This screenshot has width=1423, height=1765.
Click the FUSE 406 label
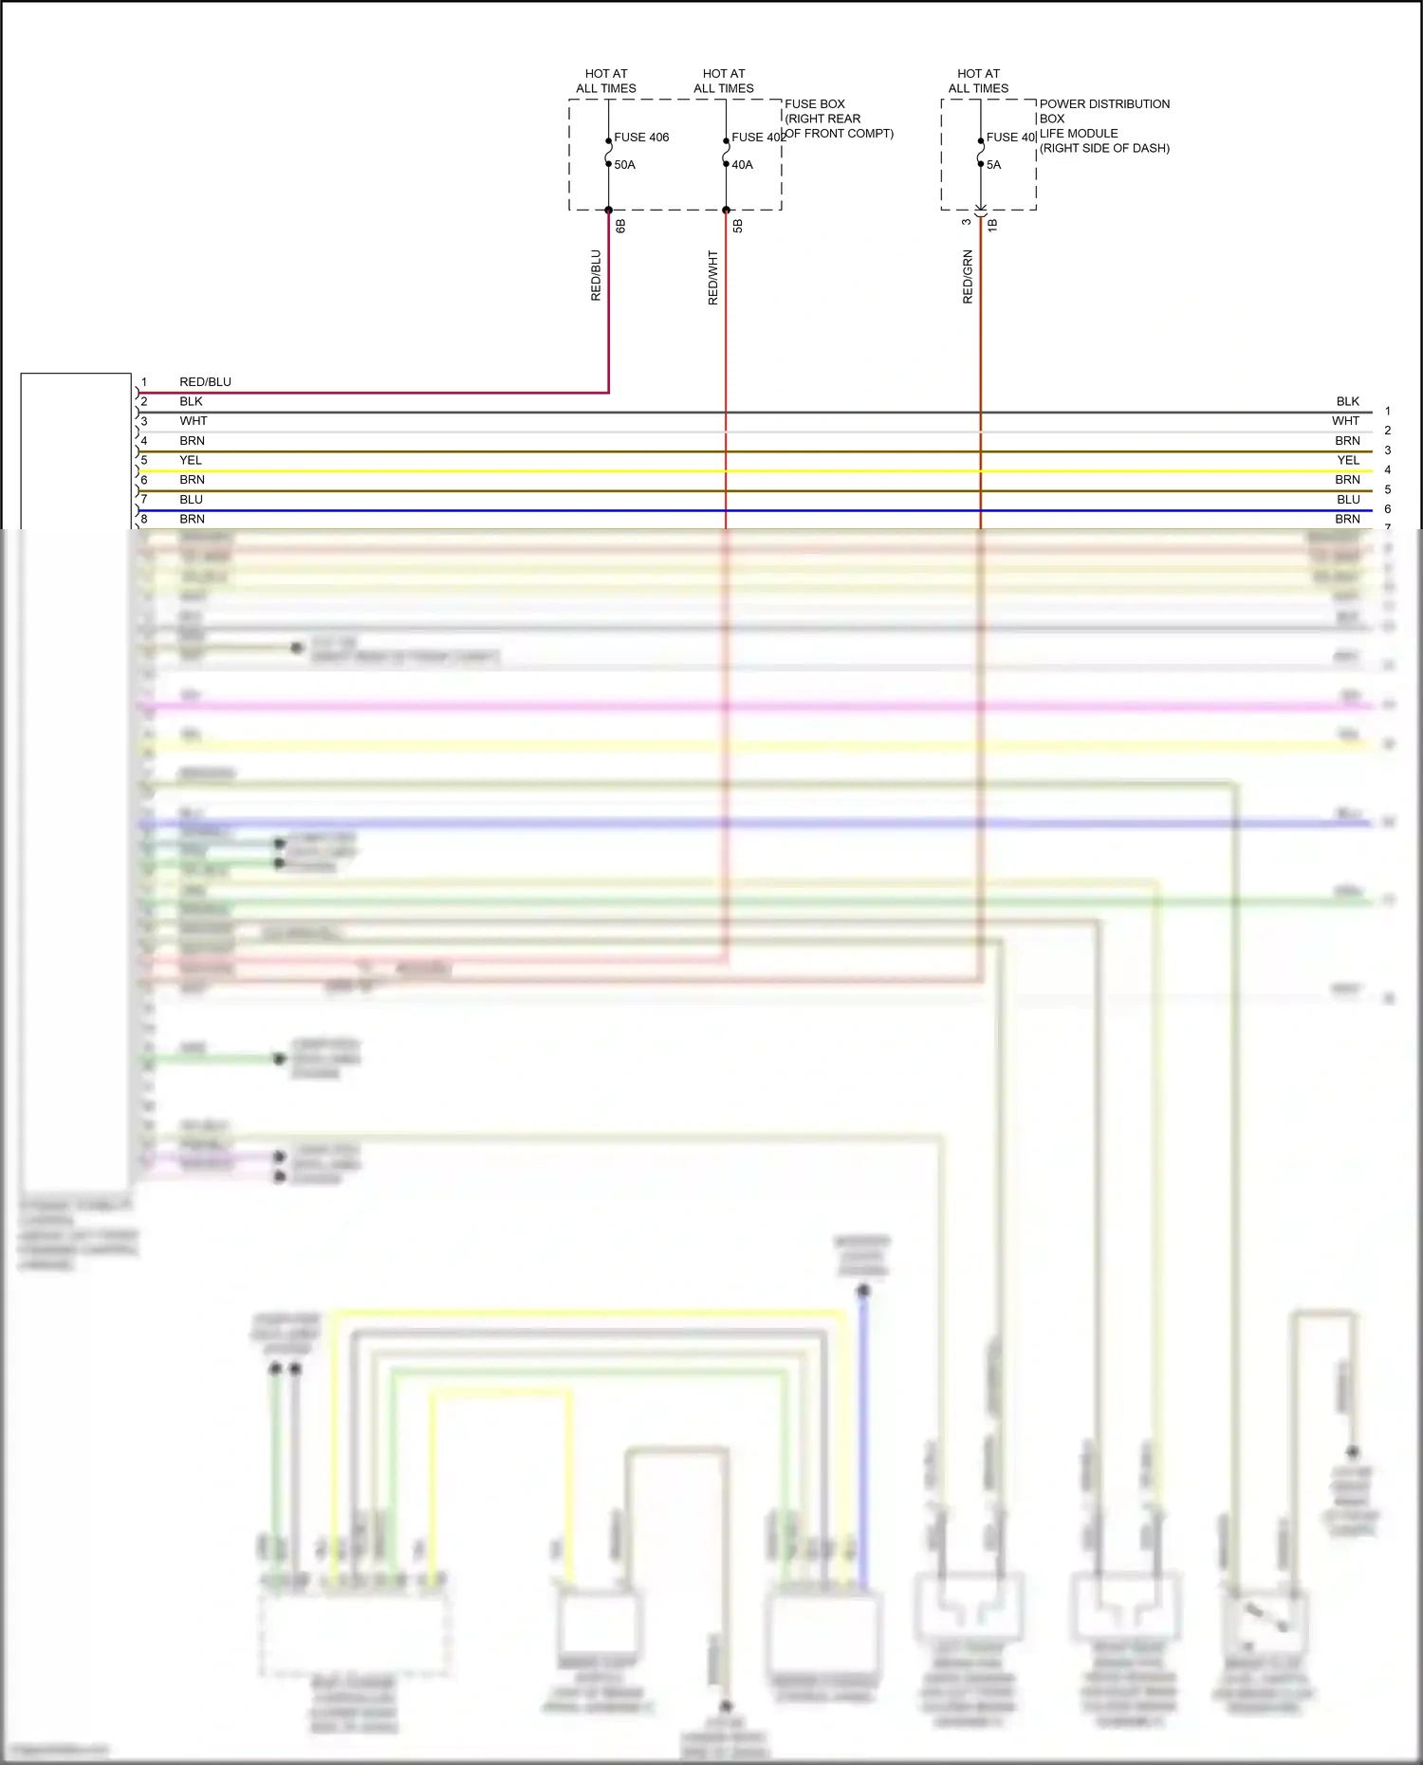(x=641, y=138)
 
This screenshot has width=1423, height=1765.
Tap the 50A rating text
(x=624, y=165)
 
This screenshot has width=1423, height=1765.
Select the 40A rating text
(x=742, y=165)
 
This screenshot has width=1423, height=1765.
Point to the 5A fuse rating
(x=993, y=165)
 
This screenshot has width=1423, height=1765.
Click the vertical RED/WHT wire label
(x=713, y=278)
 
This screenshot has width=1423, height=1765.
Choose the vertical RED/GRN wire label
(x=968, y=277)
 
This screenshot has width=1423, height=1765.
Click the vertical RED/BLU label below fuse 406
(x=596, y=276)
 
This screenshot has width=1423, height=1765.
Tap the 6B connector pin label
(x=620, y=226)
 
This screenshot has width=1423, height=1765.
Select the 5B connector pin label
(x=738, y=226)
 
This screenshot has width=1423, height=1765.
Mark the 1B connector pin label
(x=992, y=226)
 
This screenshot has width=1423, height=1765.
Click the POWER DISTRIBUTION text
(x=1104, y=104)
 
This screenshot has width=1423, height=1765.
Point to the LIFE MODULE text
(x=1079, y=134)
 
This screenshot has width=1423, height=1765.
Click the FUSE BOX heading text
(x=815, y=104)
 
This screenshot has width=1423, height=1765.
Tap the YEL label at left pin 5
(x=191, y=460)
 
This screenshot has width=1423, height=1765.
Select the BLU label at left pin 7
(x=192, y=500)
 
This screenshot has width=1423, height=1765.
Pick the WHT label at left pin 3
(x=194, y=421)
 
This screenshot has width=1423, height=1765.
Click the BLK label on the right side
(x=1347, y=402)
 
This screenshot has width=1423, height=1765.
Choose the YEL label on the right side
(x=1348, y=460)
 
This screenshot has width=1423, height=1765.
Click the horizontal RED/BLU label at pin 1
(x=205, y=382)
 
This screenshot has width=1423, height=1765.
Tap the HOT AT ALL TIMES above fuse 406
(x=606, y=81)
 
